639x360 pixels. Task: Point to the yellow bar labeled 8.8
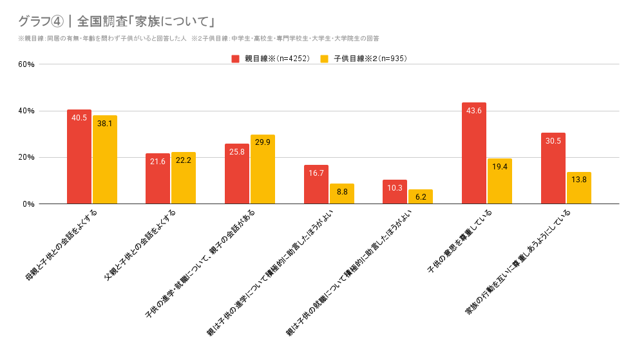(342, 194)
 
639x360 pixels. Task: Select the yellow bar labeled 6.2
(421, 196)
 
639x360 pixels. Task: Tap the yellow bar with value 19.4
(500, 181)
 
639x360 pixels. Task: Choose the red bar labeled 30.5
(553, 168)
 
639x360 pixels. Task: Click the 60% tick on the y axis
(26, 64)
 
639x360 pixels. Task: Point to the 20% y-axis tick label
(26, 158)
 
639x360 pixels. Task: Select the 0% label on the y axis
(28, 204)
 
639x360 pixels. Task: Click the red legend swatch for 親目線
(236, 59)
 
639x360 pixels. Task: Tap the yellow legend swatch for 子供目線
(325, 59)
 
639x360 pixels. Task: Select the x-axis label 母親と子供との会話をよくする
(62, 245)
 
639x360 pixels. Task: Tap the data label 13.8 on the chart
(579, 179)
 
